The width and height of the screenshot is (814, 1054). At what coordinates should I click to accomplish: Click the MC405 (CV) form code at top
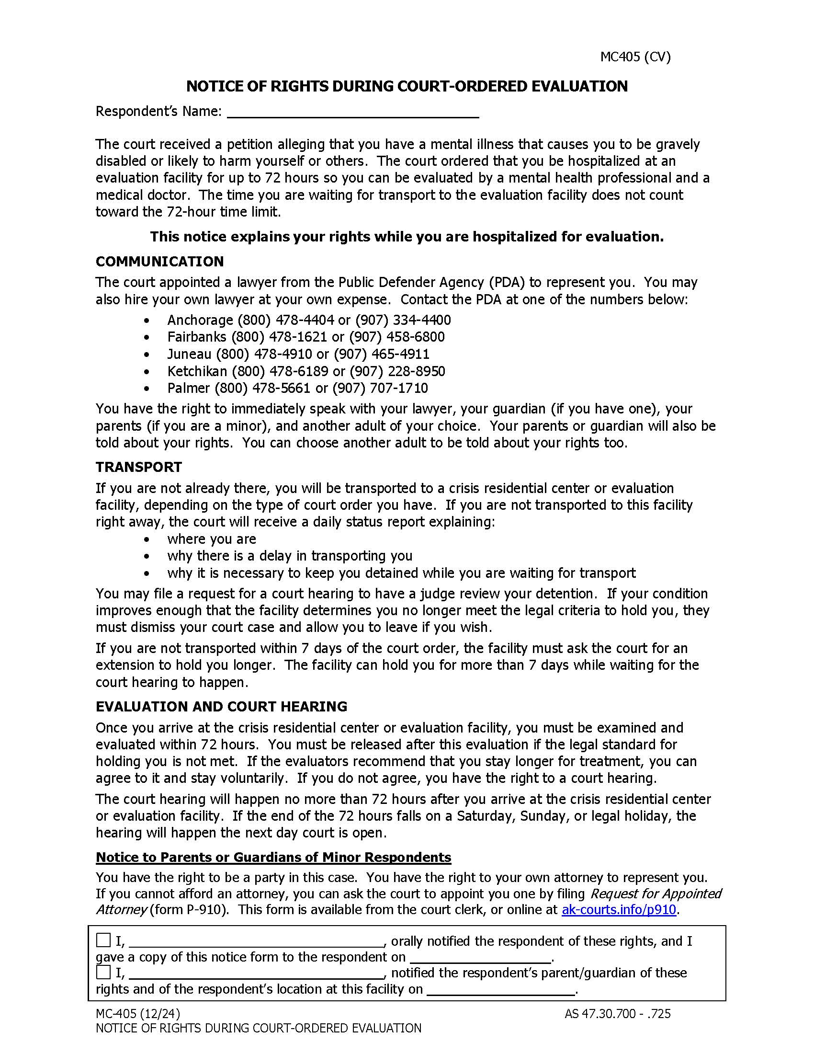[635, 57]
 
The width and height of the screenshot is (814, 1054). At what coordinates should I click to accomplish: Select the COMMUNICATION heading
[159, 262]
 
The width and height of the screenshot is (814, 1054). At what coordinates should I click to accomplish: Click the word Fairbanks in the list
[197, 337]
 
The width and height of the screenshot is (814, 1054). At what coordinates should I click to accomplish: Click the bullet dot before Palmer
[147, 389]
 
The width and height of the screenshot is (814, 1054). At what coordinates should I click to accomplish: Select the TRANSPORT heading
[139, 467]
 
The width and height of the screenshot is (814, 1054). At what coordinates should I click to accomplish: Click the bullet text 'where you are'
[212, 539]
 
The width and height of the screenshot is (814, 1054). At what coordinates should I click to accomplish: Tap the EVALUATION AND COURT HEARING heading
[221, 707]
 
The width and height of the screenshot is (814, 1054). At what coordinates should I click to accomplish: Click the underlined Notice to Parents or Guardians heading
[273, 857]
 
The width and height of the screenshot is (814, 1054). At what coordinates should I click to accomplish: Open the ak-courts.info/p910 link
[619, 910]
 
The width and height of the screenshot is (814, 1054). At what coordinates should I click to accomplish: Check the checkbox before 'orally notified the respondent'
[103, 940]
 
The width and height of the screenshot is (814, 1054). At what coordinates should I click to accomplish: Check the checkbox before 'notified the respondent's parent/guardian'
[103, 972]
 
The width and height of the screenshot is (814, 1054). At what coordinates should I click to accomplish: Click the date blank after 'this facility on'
[501, 990]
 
